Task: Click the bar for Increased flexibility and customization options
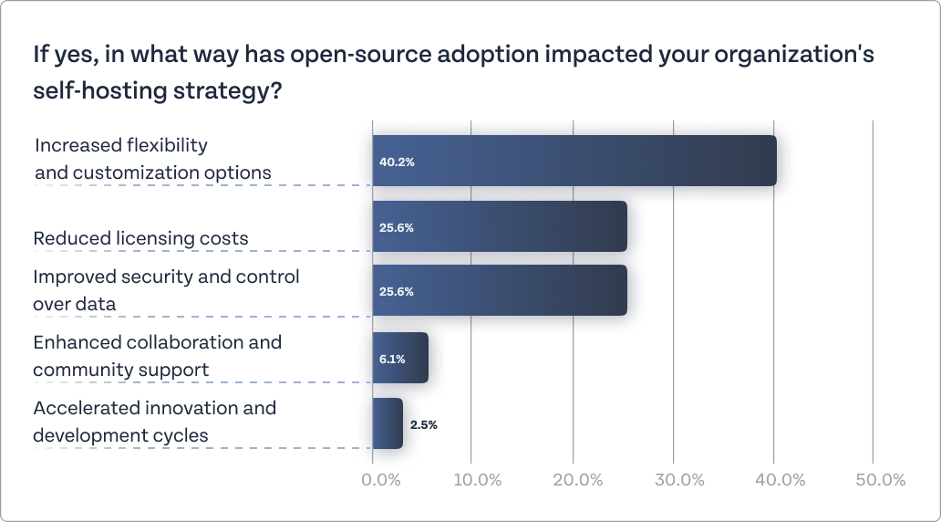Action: click(574, 161)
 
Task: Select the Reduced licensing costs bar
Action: click(500, 226)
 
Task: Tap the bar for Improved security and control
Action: click(500, 290)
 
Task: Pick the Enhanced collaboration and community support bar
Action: click(400, 358)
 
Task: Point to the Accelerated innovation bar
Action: click(388, 423)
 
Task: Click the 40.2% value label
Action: click(397, 162)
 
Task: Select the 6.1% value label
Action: click(392, 359)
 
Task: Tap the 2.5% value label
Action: click(424, 424)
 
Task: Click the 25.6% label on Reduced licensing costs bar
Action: click(397, 227)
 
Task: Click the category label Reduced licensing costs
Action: click(140, 239)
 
